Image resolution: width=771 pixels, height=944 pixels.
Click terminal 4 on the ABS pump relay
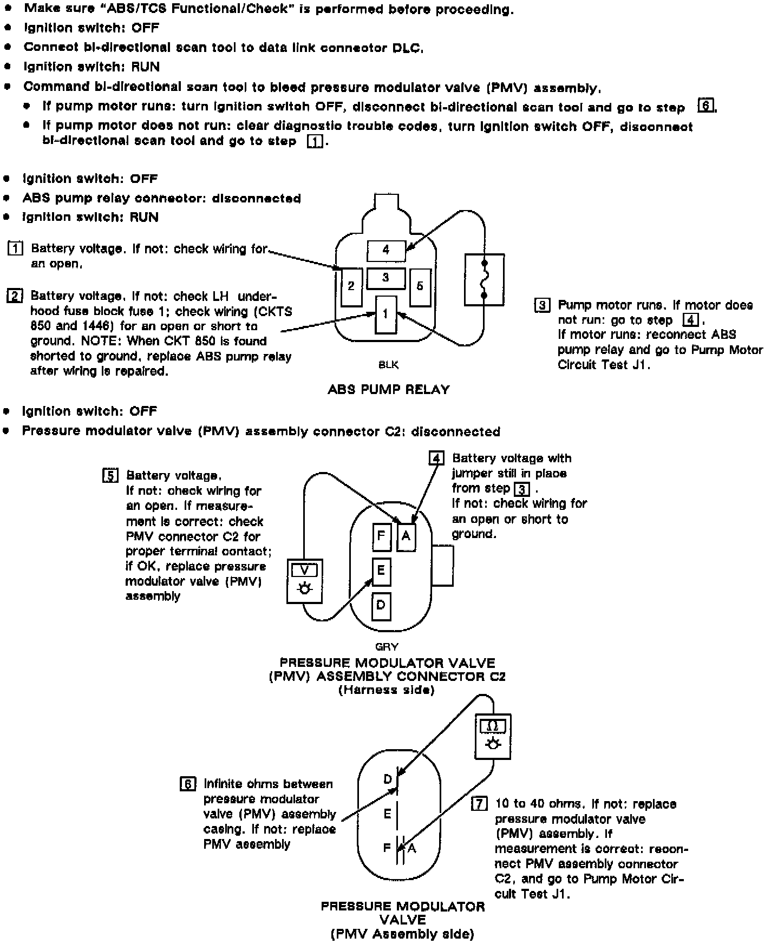coord(386,250)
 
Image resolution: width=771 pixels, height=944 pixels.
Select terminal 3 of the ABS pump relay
coord(385,278)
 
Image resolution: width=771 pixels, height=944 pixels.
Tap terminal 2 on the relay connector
coord(351,286)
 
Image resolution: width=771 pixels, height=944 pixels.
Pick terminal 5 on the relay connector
coord(420,286)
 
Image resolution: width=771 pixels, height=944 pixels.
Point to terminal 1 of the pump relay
coord(385,314)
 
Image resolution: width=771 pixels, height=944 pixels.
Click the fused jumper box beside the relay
coord(484,280)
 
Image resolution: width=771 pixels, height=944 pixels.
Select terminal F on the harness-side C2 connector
coord(381,536)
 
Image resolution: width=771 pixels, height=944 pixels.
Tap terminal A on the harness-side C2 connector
coord(406,537)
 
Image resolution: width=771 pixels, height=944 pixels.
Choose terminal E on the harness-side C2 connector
coord(381,571)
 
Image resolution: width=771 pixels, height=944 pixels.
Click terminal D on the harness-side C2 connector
coord(381,605)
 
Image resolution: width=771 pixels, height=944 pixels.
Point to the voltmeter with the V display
coord(304,581)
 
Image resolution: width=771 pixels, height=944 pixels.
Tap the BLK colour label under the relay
coord(388,365)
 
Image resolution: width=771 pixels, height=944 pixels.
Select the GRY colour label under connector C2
coord(387,646)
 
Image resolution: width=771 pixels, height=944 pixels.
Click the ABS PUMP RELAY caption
coord(388,389)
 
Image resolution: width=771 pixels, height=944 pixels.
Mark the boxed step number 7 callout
coord(479,803)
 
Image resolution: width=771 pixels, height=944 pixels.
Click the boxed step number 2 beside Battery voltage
coord(14,296)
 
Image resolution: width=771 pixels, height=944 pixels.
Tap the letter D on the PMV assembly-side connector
coord(388,779)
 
